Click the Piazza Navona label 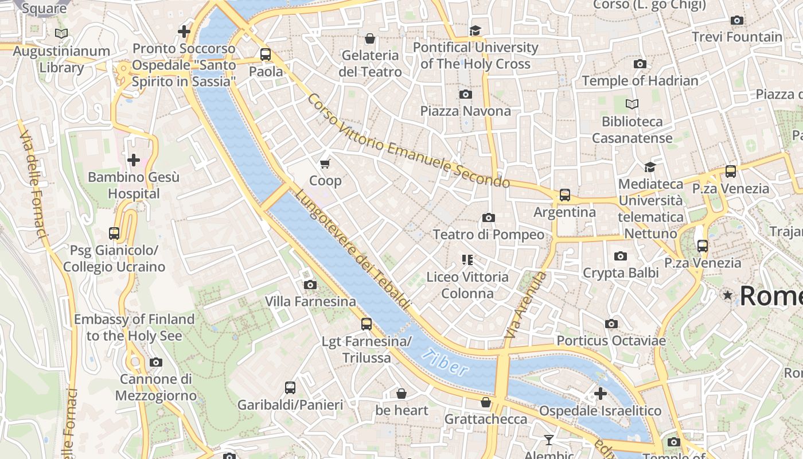pos(465,111)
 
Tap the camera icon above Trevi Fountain pos(737,21)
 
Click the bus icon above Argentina pos(565,195)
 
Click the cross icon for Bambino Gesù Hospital pos(134,160)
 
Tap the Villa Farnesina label pos(310,301)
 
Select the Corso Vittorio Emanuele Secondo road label pos(408,141)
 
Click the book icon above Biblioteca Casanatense pos(632,104)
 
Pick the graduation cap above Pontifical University pos(475,30)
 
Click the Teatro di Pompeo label pos(488,234)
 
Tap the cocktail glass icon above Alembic pos(549,440)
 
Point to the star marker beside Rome pos(728,295)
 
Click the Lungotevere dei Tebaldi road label pos(353,250)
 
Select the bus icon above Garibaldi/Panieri pos(290,387)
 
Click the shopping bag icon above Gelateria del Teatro pos(370,38)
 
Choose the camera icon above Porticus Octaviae pos(611,324)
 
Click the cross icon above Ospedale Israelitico pos(600,394)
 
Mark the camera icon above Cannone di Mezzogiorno pos(155,362)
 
